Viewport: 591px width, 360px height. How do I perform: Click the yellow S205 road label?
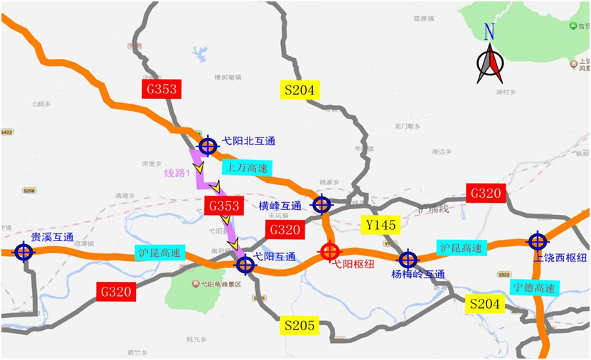pyautogui.click(x=299, y=325)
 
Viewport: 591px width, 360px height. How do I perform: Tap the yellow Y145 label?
pyautogui.click(x=380, y=225)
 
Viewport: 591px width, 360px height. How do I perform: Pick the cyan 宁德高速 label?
pyautogui.click(x=536, y=288)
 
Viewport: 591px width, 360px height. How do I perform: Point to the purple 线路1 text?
pyautogui.click(x=177, y=173)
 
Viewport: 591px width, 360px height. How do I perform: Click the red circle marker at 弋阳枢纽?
pyautogui.click(x=329, y=251)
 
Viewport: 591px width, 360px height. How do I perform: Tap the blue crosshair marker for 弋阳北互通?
pyautogui.click(x=208, y=147)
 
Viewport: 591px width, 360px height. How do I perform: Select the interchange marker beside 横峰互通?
pyautogui.click(x=321, y=205)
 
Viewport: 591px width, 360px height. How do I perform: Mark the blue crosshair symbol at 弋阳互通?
pyautogui.click(x=245, y=265)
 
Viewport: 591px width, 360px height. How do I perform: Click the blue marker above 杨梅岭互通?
pyautogui.click(x=408, y=260)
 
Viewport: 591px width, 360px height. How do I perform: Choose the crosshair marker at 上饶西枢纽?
pyautogui.click(x=538, y=241)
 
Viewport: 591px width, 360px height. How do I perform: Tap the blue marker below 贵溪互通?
pyautogui.click(x=23, y=252)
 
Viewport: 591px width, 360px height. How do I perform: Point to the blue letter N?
pyautogui.click(x=489, y=32)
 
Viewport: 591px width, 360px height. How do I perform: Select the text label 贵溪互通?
pyautogui.click(x=52, y=237)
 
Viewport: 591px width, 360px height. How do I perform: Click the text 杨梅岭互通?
pyautogui.click(x=418, y=274)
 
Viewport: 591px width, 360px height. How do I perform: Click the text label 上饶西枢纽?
pyautogui.click(x=561, y=257)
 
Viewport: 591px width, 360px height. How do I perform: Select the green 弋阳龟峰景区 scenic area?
pyautogui.click(x=196, y=290)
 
